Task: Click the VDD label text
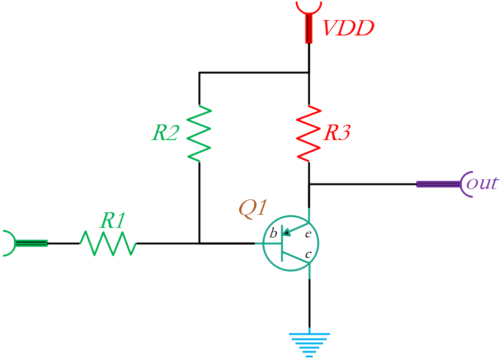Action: point(348,28)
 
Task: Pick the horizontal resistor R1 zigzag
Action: point(108,243)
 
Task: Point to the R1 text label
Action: point(112,220)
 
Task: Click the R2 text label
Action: point(165,132)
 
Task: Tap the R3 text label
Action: point(337,132)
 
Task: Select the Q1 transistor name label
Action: point(253,208)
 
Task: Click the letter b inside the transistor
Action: point(273,233)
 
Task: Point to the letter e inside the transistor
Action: point(308,234)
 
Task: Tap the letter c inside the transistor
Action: point(308,254)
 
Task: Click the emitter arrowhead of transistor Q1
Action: point(286,233)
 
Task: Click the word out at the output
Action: point(482,184)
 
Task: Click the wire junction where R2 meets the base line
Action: point(199,243)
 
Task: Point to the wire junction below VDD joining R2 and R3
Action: point(309,73)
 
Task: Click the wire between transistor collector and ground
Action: point(309,303)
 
